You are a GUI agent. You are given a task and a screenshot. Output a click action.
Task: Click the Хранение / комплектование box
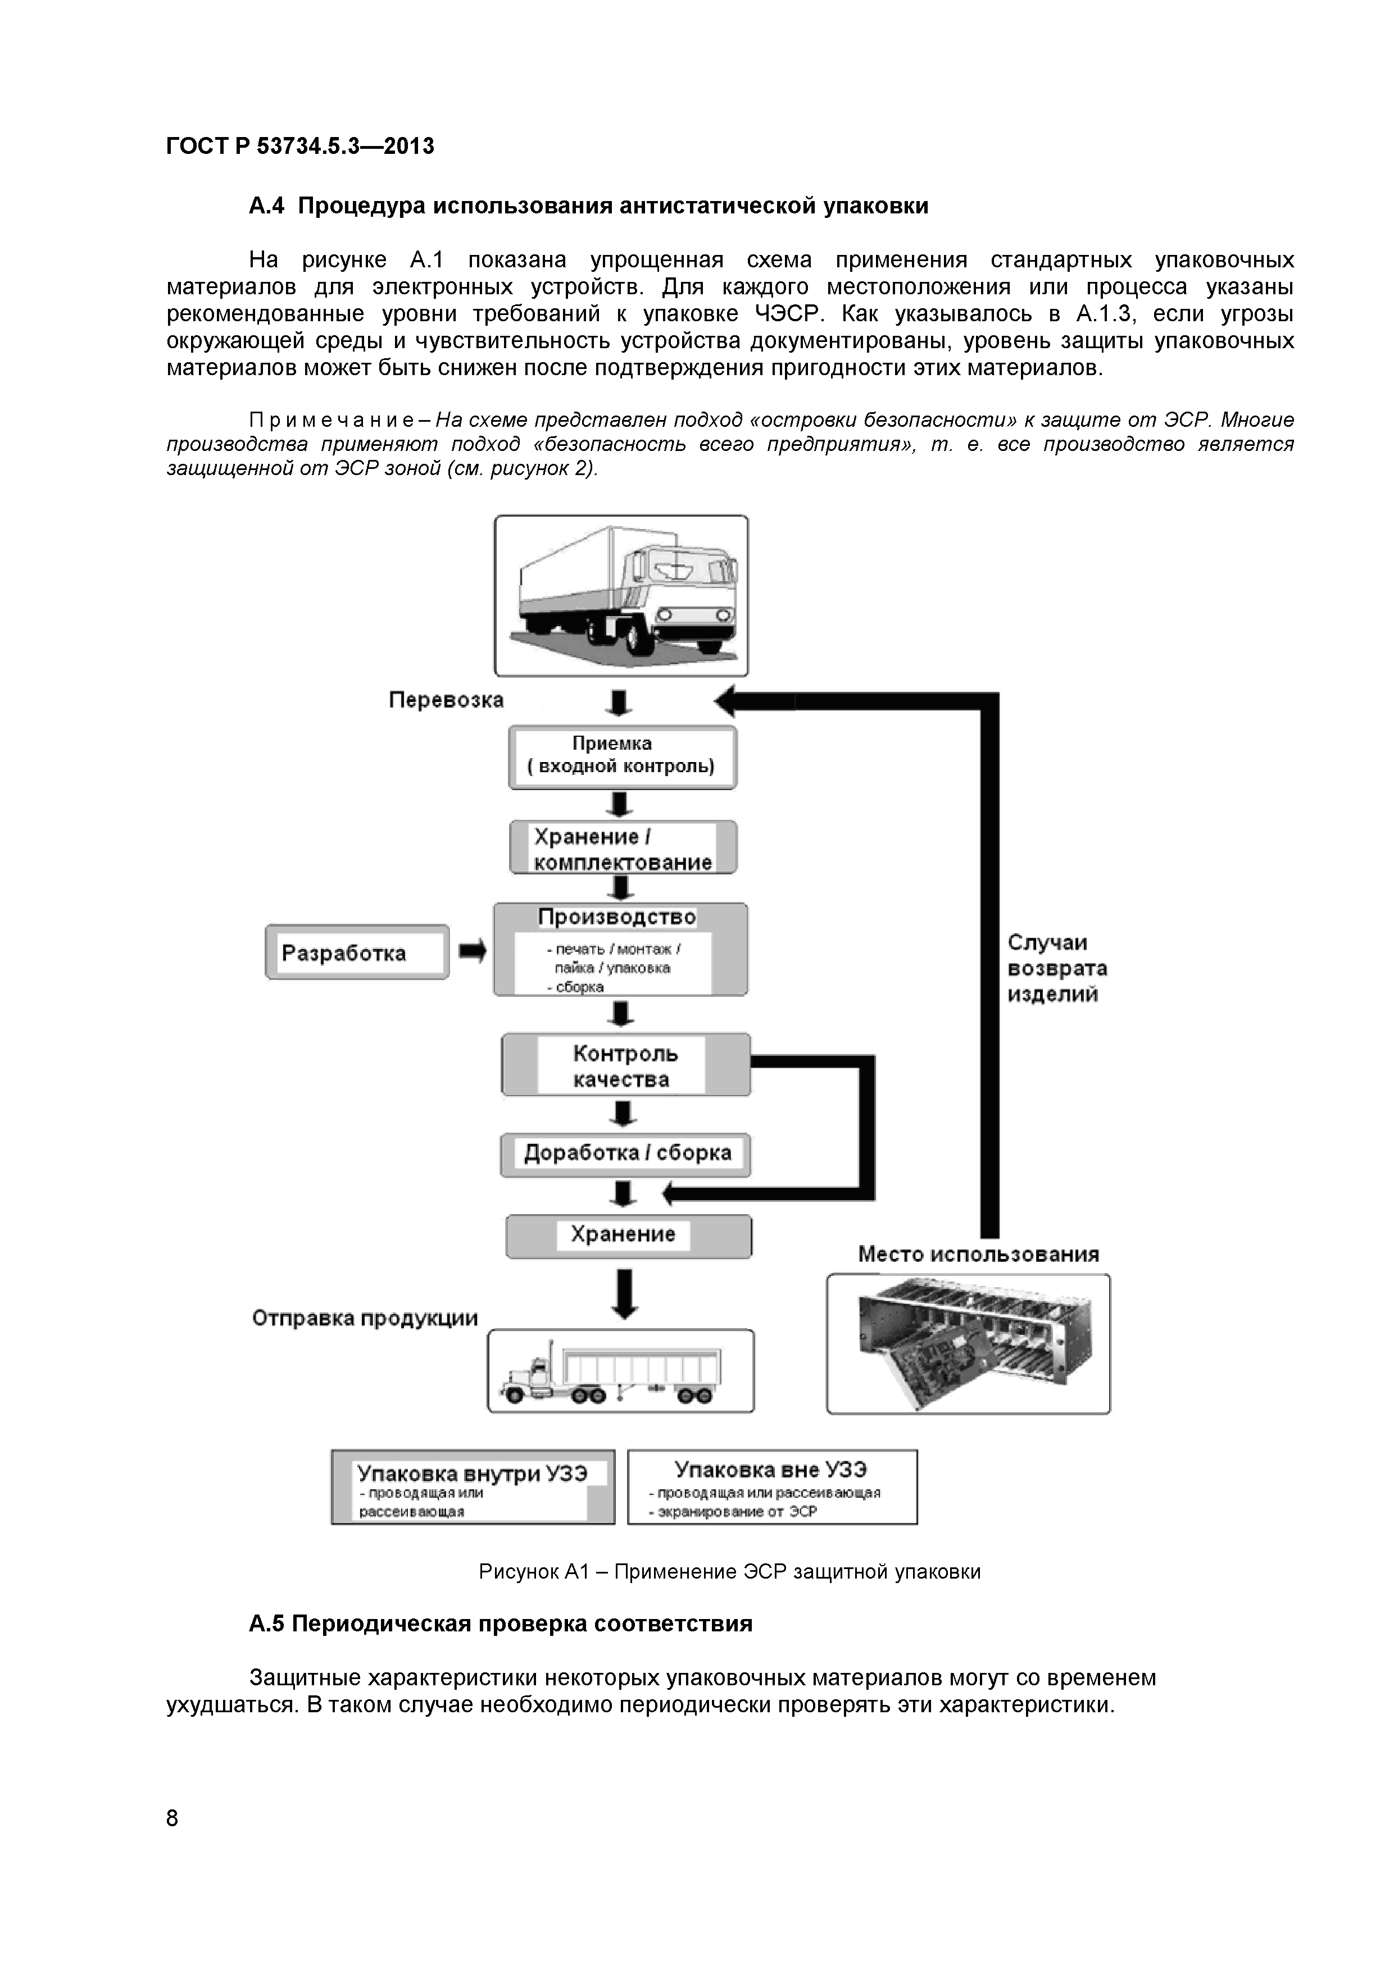[x=623, y=848]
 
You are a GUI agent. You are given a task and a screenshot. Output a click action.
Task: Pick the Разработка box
[x=356, y=952]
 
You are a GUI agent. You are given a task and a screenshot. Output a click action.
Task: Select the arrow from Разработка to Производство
[x=471, y=951]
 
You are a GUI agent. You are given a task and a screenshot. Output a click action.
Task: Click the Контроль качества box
[x=625, y=1065]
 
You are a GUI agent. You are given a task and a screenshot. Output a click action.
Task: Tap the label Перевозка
[x=446, y=700]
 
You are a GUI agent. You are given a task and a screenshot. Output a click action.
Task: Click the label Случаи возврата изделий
[x=1057, y=969]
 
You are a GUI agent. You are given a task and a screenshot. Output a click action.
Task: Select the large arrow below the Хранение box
[x=625, y=1294]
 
